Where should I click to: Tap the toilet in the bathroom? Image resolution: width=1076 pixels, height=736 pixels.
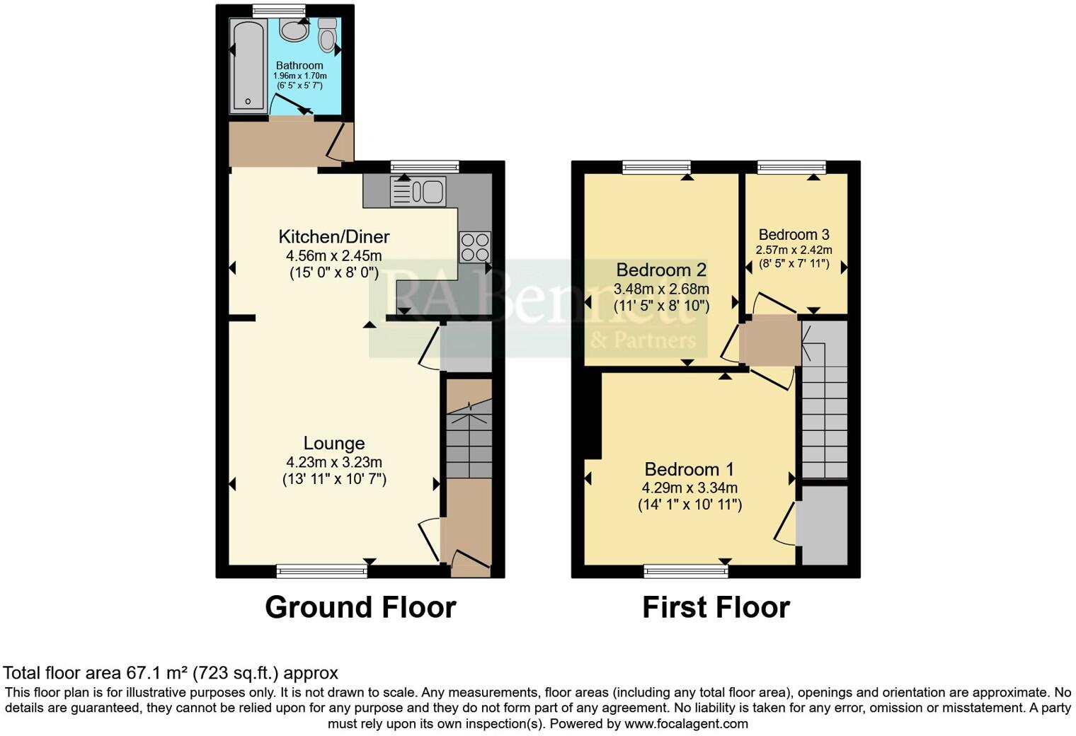[327, 36]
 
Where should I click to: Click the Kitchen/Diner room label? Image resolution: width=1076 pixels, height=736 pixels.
[333, 236]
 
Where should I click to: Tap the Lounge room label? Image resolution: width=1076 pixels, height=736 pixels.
[334, 443]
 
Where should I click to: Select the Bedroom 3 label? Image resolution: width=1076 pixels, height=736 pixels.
[794, 234]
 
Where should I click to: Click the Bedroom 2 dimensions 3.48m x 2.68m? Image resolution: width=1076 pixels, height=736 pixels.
[661, 289]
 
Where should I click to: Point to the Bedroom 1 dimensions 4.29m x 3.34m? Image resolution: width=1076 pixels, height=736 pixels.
[689, 488]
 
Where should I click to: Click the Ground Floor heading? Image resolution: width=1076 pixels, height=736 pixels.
[360, 607]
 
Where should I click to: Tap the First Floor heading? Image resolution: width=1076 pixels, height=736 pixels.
[716, 607]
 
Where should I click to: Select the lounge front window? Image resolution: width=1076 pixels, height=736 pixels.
[322, 570]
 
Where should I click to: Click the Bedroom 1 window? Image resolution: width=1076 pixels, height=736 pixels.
[686, 570]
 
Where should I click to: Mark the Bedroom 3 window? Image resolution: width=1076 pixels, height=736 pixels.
[791, 167]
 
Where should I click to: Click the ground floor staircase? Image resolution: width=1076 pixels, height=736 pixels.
[469, 439]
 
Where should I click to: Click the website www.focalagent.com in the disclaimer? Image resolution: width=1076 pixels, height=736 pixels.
[686, 724]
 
